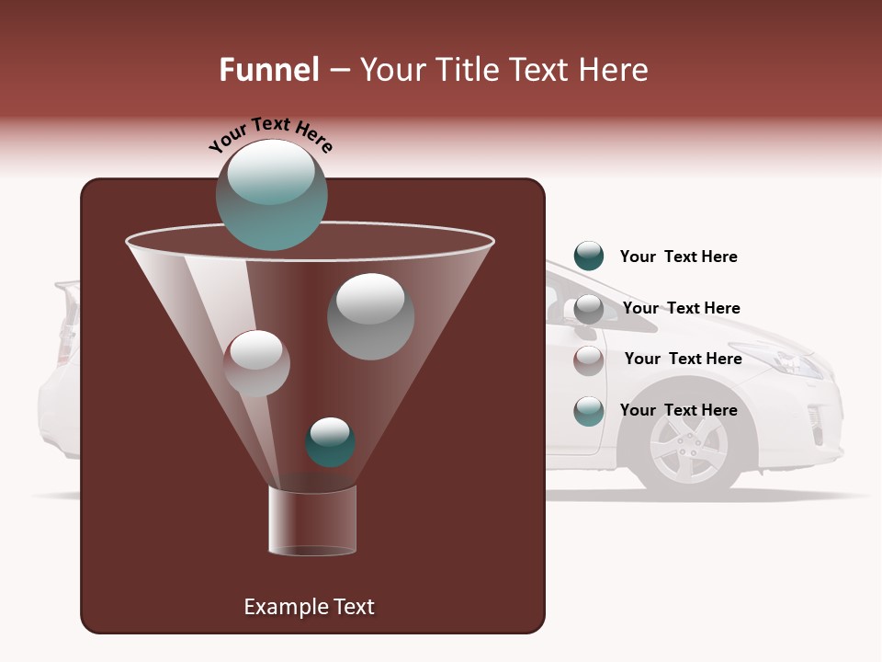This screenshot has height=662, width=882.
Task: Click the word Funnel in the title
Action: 269,70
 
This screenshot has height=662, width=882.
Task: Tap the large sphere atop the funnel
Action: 271,195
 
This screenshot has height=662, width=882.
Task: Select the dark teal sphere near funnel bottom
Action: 330,442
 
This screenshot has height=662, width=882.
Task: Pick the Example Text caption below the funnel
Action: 309,607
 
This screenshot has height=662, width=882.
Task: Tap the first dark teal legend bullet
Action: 589,256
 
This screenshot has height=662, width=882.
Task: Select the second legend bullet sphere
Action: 589,309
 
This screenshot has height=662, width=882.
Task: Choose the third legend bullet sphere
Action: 589,360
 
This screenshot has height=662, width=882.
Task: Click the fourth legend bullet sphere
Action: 589,411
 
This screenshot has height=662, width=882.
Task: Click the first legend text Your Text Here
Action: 678,257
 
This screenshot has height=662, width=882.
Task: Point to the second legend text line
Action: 681,308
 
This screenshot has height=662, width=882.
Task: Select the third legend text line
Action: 683,359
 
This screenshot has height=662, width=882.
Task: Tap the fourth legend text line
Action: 678,410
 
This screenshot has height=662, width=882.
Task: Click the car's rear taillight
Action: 65,340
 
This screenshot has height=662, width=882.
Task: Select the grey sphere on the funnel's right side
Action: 370,316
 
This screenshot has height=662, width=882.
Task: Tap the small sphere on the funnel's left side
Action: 256,363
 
